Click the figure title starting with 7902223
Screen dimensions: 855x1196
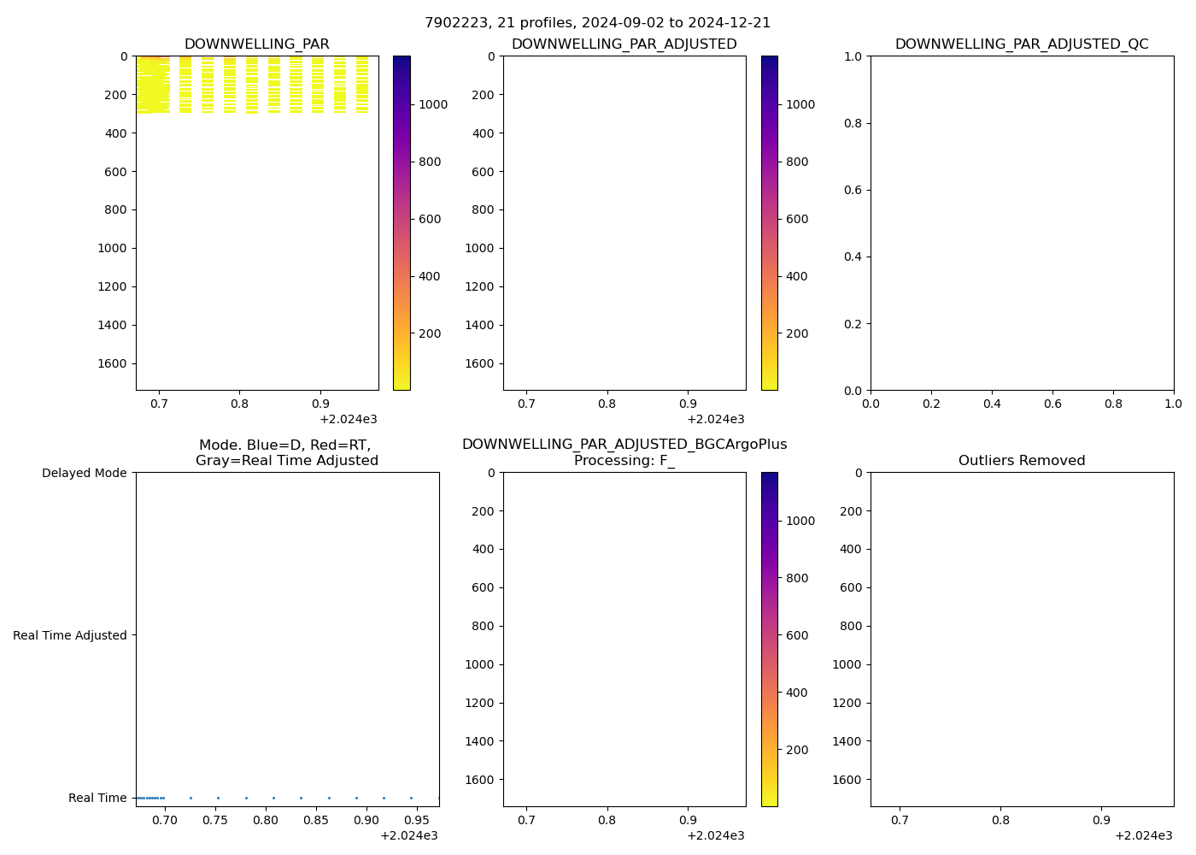click(x=597, y=23)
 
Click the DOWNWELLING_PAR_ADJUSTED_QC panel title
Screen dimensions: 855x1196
click(x=1022, y=44)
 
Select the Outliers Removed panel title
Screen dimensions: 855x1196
click(x=1022, y=461)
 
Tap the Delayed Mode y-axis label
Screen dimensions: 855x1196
click(x=84, y=473)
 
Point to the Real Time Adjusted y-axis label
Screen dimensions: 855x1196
click(x=70, y=635)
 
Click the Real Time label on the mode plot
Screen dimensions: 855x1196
click(x=97, y=798)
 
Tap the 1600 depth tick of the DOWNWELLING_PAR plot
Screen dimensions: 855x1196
click(x=112, y=363)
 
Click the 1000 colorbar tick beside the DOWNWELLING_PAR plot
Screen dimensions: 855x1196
click(x=431, y=104)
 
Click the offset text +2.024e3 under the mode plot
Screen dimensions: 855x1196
click(x=408, y=835)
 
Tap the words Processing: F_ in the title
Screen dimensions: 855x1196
click(x=624, y=461)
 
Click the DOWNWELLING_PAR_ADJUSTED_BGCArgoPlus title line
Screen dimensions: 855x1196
click(x=624, y=445)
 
